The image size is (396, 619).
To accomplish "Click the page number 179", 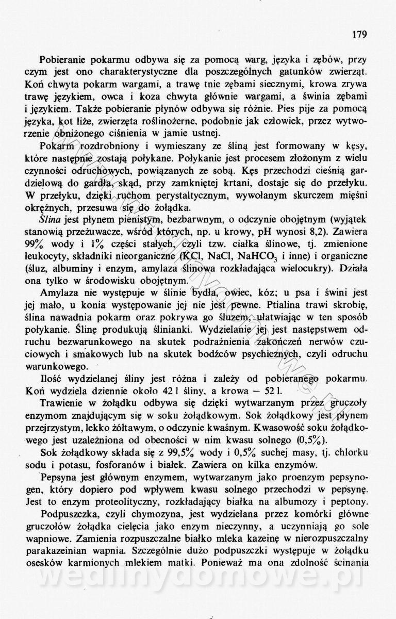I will pos(359,35).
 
